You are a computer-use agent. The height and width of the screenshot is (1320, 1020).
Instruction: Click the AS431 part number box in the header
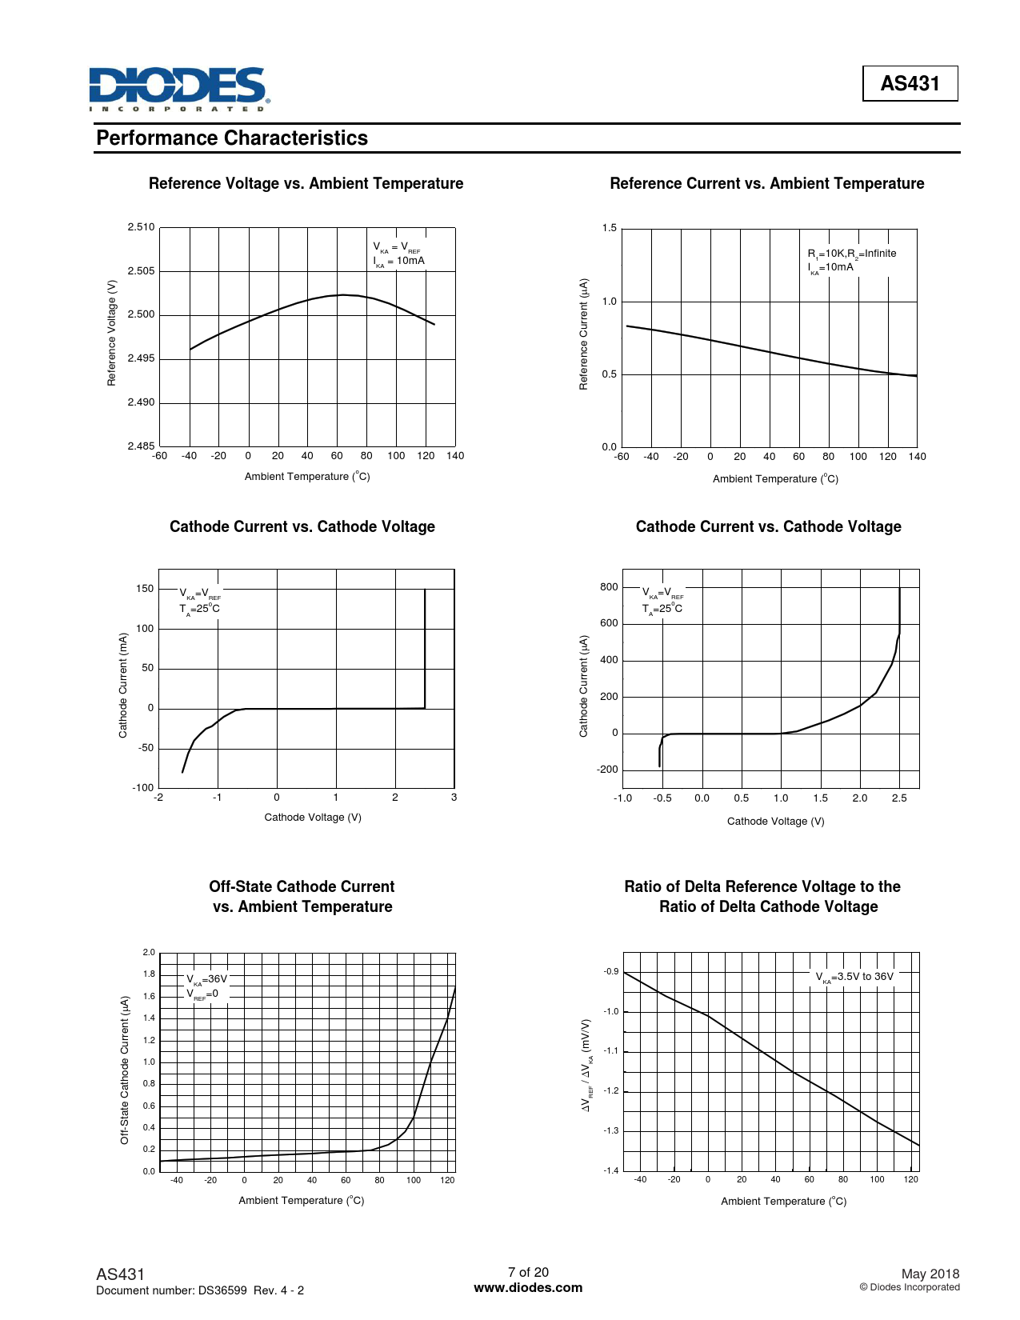click(910, 83)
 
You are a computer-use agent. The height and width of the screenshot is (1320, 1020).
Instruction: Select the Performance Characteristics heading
click(232, 138)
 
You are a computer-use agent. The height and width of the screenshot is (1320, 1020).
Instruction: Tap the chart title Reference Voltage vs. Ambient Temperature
click(306, 183)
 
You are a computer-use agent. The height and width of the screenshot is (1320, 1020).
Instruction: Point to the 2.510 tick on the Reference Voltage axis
click(141, 227)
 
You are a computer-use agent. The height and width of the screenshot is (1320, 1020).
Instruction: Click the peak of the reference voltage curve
click(342, 294)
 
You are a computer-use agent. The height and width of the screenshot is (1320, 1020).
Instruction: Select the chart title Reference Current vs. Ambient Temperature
click(766, 183)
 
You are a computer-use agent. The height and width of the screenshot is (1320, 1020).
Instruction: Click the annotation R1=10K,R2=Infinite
click(851, 254)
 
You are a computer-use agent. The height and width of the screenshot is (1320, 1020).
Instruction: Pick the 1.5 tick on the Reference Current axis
click(610, 228)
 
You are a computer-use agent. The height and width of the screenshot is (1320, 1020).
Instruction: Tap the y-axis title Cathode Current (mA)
click(123, 686)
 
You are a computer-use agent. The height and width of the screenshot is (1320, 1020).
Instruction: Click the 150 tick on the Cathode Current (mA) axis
click(145, 589)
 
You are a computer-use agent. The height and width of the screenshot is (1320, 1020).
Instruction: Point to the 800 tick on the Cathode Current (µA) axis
click(609, 587)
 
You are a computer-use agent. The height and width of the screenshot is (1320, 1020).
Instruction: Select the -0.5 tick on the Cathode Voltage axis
click(662, 798)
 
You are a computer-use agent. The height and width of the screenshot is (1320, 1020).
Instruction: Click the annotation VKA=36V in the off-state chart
click(207, 979)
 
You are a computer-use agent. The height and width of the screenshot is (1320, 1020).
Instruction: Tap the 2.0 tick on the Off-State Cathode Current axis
click(149, 952)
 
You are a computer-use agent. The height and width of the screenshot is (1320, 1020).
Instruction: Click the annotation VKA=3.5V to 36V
click(854, 977)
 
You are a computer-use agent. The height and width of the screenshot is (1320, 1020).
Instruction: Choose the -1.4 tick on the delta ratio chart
click(611, 1171)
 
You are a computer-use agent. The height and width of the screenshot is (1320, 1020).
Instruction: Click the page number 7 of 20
click(528, 1272)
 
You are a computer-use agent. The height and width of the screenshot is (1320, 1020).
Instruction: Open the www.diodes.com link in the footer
click(528, 1287)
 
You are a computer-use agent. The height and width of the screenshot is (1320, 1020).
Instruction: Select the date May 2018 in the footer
click(930, 1274)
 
